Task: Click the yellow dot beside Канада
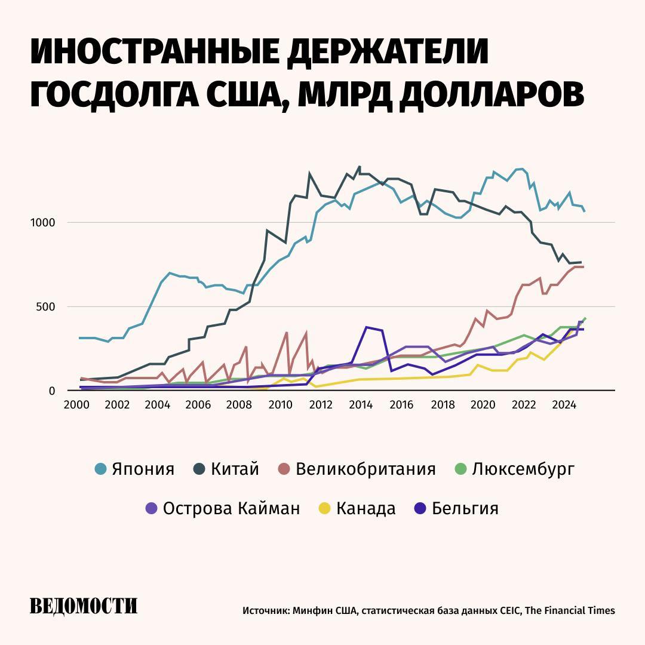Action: (324, 509)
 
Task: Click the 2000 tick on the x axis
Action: (76, 404)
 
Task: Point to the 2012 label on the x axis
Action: (321, 404)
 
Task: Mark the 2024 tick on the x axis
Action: (564, 404)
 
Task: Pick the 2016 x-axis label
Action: (402, 404)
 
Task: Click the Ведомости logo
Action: (84, 607)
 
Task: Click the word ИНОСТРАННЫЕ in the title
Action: (154, 53)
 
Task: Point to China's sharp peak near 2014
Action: (359, 167)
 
